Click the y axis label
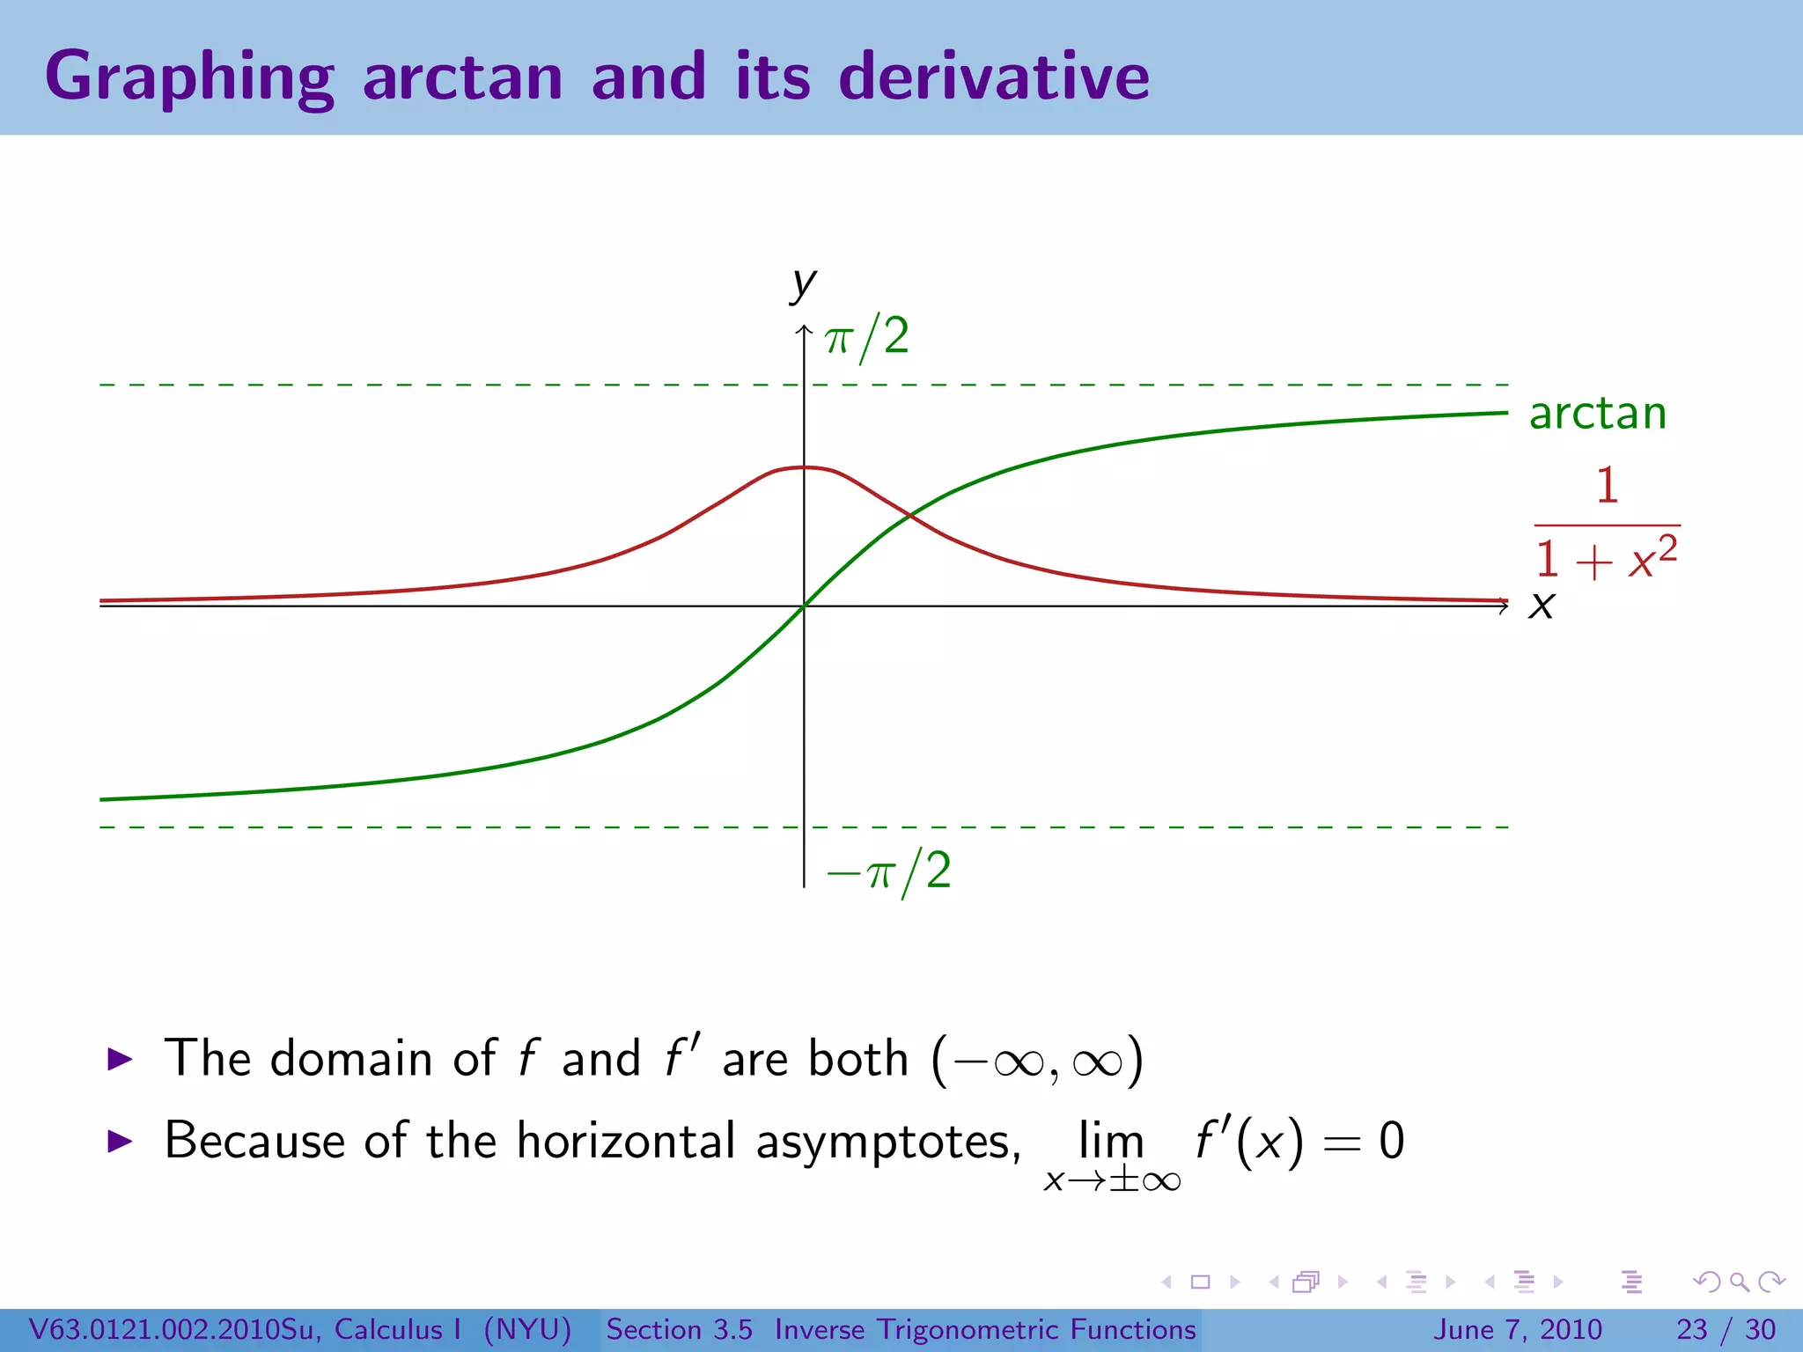click(x=803, y=283)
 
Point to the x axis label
click(x=1542, y=606)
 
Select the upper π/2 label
click(x=866, y=337)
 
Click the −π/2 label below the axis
click(x=889, y=871)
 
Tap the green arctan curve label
click(x=1598, y=413)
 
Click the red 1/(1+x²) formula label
click(x=1607, y=524)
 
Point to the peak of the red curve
click(x=804, y=467)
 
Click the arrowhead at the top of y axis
click(x=804, y=330)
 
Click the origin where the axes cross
click(x=804, y=606)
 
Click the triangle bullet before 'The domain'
click(x=119, y=1059)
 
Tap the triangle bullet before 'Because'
click(x=119, y=1142)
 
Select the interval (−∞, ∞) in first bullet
click(x=1037, y=1059)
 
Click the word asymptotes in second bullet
click(x=887, y=1142)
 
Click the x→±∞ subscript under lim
click(x=1112, y=1180)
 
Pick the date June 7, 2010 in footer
click(x=1519, y=1329)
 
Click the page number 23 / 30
click(x=1726, y=1329)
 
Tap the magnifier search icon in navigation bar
click(x=1739, y=1282)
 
